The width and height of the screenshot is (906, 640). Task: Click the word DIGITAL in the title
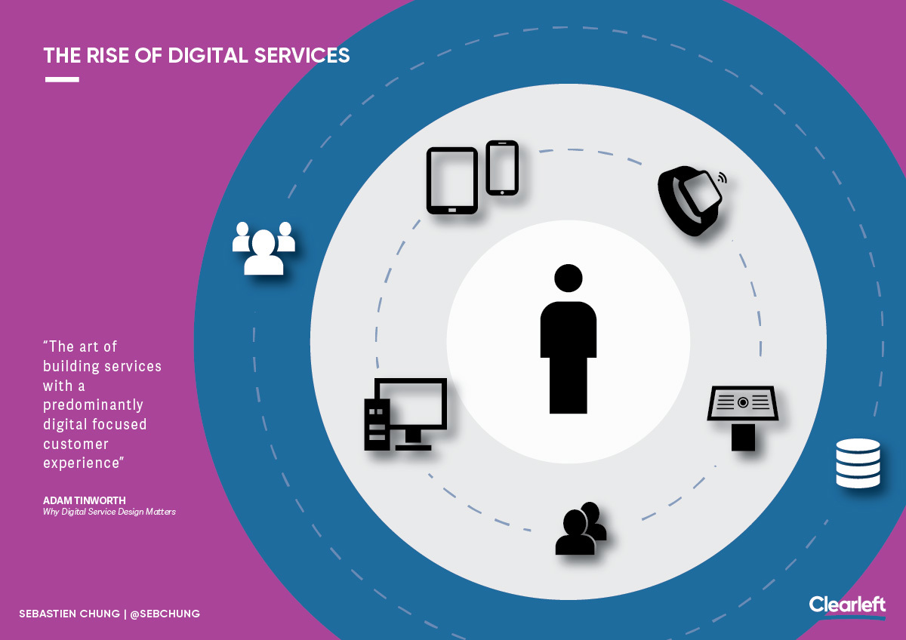[x=208, y=55]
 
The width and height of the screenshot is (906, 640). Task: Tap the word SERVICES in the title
[x=302, y=55]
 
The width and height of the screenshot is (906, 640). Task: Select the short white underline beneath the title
[x=62, y=80]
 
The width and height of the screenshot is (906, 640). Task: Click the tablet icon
[x=452, y=180]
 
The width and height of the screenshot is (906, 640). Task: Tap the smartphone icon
[x=502, y=168]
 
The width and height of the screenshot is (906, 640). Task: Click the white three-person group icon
[x=263, y=248]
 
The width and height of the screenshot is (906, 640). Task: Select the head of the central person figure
[x=569, y=278]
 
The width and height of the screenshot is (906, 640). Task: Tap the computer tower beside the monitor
[x=377, y=424]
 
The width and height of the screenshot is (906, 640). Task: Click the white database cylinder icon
[x=858, y=463]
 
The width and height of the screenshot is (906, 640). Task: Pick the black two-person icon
[x=581, y=528]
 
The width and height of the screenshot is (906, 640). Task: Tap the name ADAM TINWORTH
[x=85, y=500]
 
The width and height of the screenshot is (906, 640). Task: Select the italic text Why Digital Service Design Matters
[x=109, y=512]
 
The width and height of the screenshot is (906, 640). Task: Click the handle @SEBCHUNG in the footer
[x=165, y=614]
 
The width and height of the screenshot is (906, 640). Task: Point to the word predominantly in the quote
[x=93, y=405]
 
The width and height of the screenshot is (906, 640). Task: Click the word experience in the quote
[x=82, y=463]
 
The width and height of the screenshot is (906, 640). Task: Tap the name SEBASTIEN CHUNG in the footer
[x=69, y=614]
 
